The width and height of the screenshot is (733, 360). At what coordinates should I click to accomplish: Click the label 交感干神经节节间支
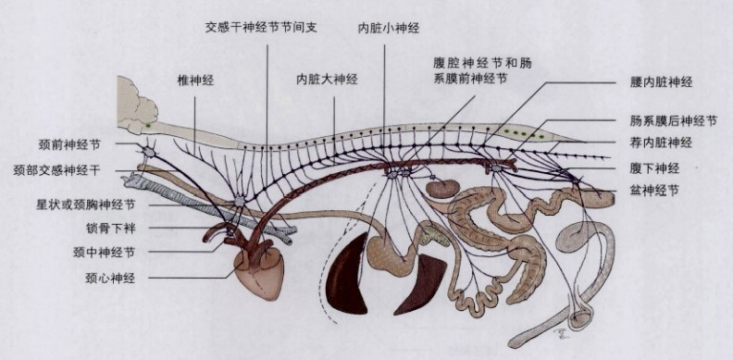[261, 27]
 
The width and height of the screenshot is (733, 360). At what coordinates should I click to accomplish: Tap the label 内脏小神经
[389, 29]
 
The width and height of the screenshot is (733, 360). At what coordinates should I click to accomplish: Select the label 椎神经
[195, 80]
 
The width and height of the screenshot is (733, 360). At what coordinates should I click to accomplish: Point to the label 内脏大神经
[327, 79]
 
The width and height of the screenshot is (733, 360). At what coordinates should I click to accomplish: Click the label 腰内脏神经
[661, 82]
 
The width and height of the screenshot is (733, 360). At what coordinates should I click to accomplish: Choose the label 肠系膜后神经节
[673, 121]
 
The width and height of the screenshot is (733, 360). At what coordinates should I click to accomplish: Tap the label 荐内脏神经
[661, 143]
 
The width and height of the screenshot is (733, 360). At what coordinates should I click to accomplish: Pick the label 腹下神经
[654, 168]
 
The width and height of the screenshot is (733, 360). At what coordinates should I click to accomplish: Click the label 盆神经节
[654, 191]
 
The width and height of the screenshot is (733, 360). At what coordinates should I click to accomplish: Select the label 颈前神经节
[69, 145]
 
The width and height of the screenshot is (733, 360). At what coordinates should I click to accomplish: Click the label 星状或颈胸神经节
[86, 205]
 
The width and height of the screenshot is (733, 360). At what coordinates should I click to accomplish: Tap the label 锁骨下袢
[111, 229]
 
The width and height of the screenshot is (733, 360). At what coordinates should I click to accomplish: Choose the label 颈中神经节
[104, 253]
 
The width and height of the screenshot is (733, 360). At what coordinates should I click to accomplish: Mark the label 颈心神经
[110, 279]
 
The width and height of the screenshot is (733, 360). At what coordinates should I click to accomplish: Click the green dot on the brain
[148, 125]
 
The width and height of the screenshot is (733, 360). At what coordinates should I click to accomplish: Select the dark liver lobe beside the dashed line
[347, 276]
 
